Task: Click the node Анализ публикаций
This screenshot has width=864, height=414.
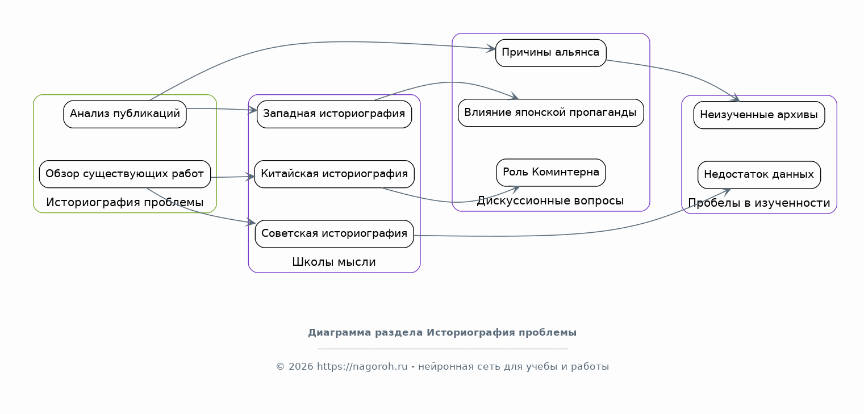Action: (125, 114)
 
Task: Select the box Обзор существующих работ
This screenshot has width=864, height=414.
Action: (125, 174)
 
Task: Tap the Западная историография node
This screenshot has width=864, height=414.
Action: (334, 114)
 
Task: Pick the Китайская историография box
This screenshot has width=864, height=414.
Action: (334, 174)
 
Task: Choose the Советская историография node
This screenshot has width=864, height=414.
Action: (334, 234)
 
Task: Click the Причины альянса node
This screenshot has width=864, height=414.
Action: (551, 53)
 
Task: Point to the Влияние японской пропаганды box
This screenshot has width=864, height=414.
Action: (551, 112)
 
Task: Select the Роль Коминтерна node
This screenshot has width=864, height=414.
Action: (551, 172)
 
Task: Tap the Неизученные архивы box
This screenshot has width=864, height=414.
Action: (759, 115)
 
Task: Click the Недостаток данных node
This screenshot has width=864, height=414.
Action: (759, 174)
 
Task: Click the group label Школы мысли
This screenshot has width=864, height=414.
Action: (334, 262)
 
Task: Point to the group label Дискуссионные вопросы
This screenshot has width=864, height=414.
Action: (550, 201)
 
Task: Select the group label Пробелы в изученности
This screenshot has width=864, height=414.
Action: (759, 203)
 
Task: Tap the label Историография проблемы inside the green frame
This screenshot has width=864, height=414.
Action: (125, 202)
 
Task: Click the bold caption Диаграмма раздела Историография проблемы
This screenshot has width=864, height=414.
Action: (443, 333)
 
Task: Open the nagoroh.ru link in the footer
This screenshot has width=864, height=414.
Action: (362, 367)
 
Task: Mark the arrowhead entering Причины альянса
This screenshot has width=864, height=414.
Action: (491, 49)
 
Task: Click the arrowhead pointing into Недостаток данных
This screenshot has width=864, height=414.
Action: (727, 191)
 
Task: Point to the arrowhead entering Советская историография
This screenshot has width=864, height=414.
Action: (251, 222)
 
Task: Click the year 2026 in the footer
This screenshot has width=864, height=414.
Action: (301, 367)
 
